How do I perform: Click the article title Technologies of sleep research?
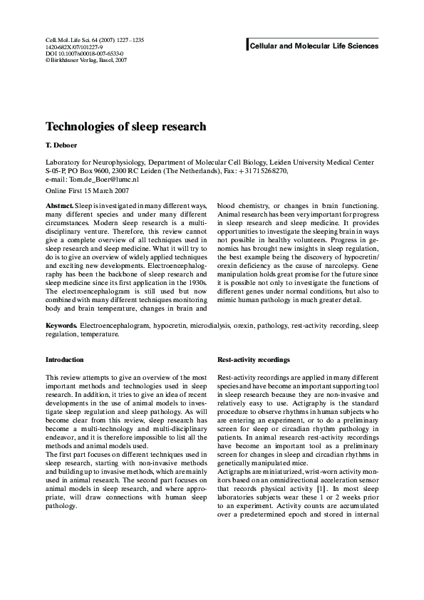[x=125, y=127]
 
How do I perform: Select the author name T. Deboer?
[x=61, y=145]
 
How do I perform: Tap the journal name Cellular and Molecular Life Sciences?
[x=313, y=46]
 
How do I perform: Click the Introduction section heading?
[x=65, y=360]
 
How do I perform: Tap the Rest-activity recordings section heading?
[x=253, y=360]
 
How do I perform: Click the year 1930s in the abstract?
[x=196, y=271]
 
